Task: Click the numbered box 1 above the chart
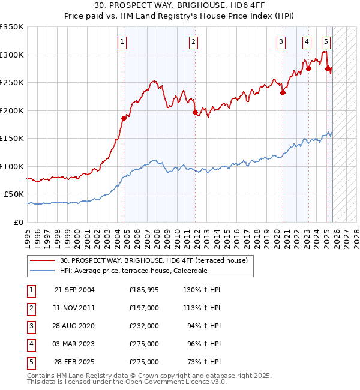pyautogui.click(x=122, y=41)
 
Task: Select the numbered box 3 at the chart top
pyautogui.click(x=281, y=41)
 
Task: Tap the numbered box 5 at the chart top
pyautogui.click(x=326, y=41)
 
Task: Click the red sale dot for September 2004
pyautogui.click(x=124, y=118)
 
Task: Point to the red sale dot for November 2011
pyautogui.click(x=195, y=112)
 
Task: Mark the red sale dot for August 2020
pyautogui.click(x=283, y=92)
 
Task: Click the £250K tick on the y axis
pyautogui.click(x=12, y=83)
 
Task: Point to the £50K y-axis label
pyautogui.click(x=14, y=194)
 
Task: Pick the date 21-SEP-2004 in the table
pyautogui.click(x=75, y=290)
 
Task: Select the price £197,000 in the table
pyautogui.click(x=144, y=308)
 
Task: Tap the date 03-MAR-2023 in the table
pyautogui.click(x=75, y=344)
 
